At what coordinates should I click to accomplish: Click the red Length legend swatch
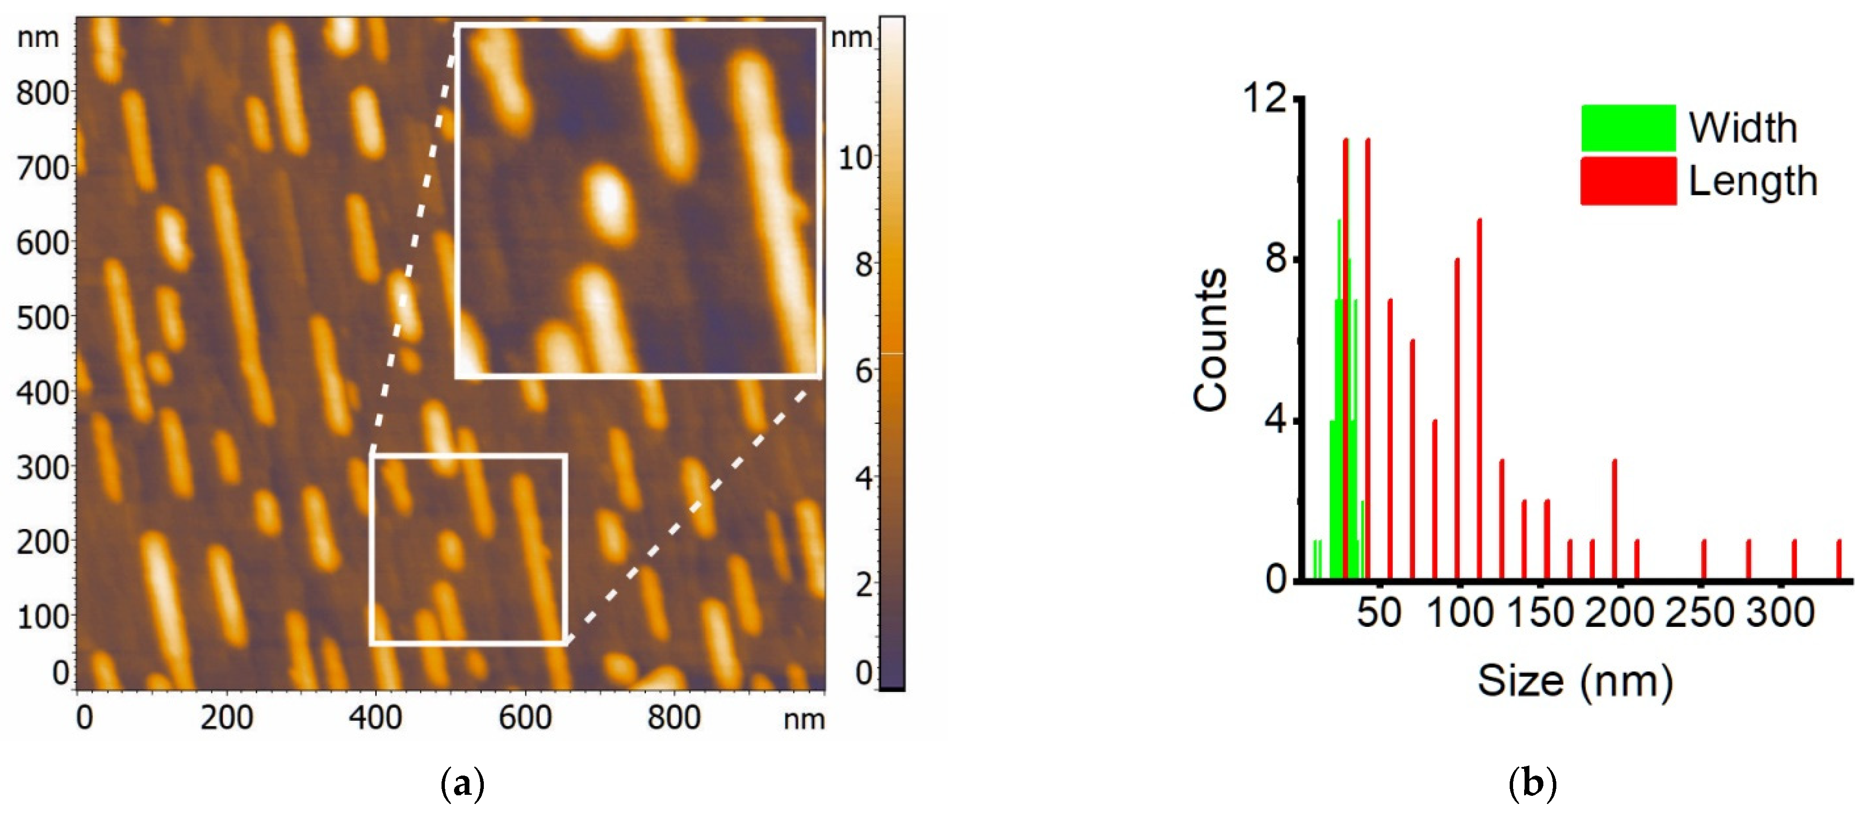[x=1628, y=180]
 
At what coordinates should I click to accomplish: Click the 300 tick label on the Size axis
[x=1780, y=613]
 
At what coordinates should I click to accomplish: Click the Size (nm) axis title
[x=1575, y=681]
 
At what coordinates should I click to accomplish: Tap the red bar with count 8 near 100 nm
[x=1457, y=419]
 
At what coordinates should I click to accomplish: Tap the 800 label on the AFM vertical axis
[x=42, y=93]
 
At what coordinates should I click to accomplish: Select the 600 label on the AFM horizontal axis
[x=524, y=717]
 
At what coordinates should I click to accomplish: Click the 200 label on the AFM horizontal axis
[x=226, y=717]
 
